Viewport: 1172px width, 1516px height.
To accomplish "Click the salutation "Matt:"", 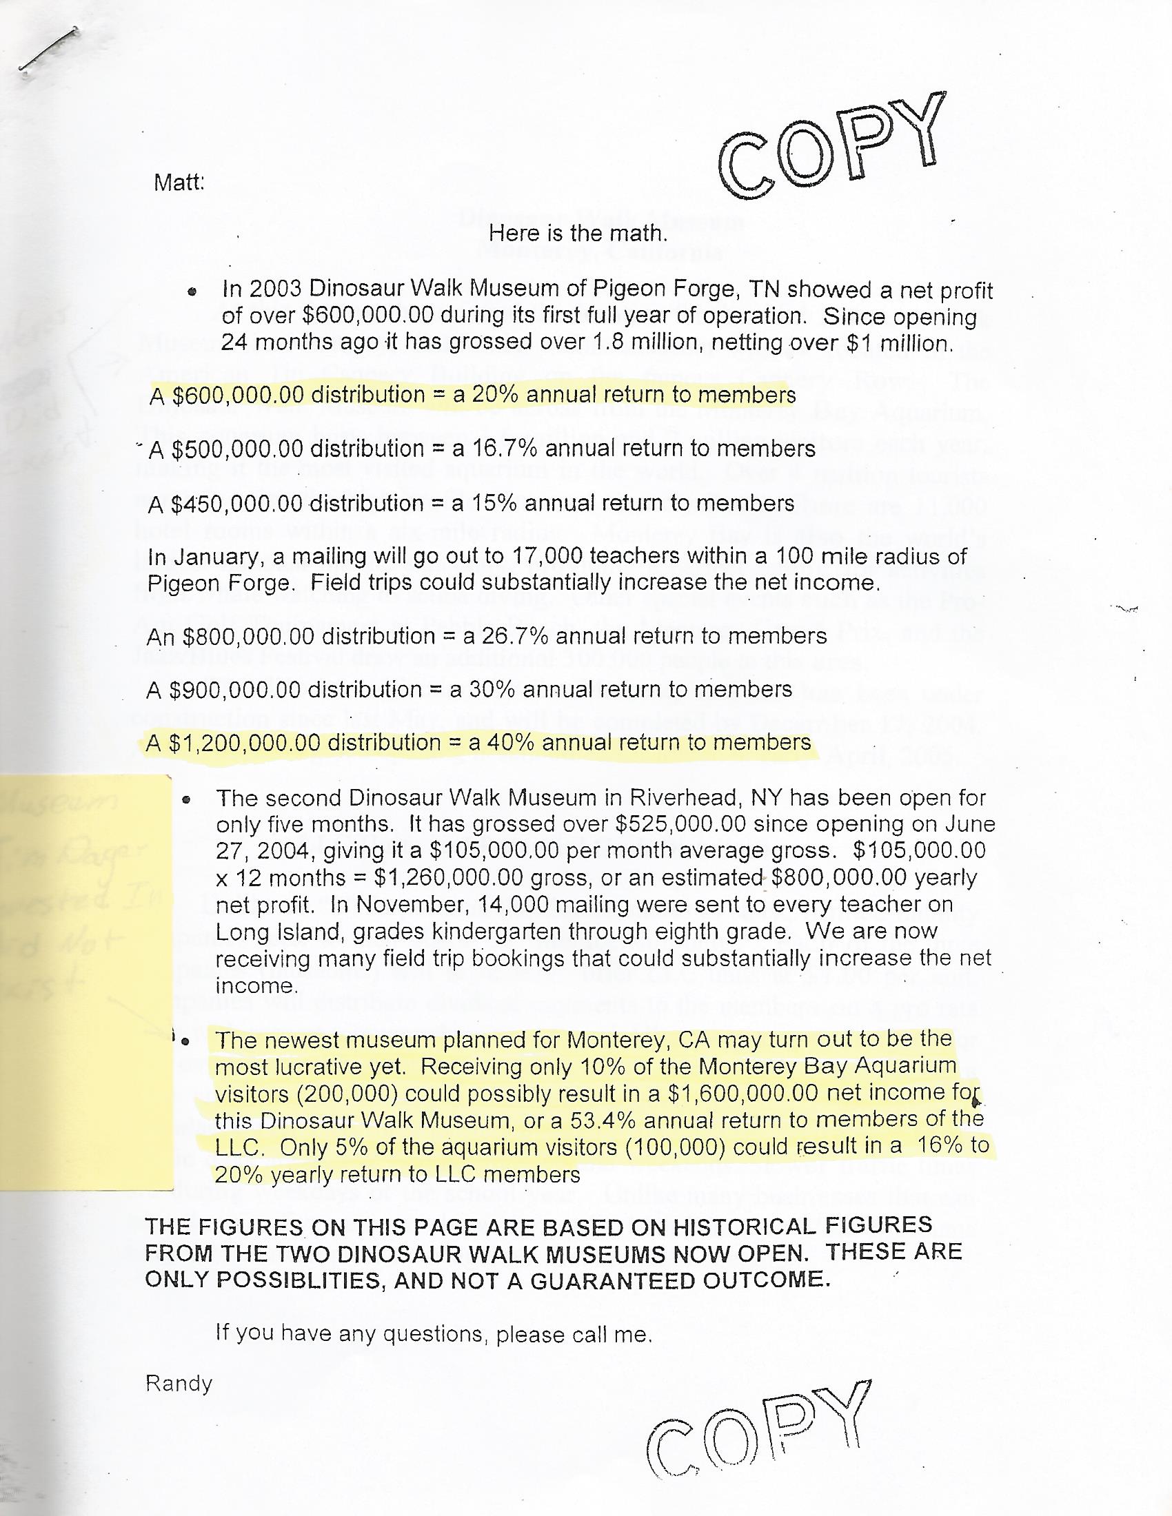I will (x=179, y=183).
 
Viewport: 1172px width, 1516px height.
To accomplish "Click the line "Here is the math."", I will (x=578, y=233).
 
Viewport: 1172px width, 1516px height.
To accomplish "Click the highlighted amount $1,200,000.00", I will (x=245, y=743).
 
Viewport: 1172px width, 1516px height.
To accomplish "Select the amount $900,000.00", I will (x=234, y=689).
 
